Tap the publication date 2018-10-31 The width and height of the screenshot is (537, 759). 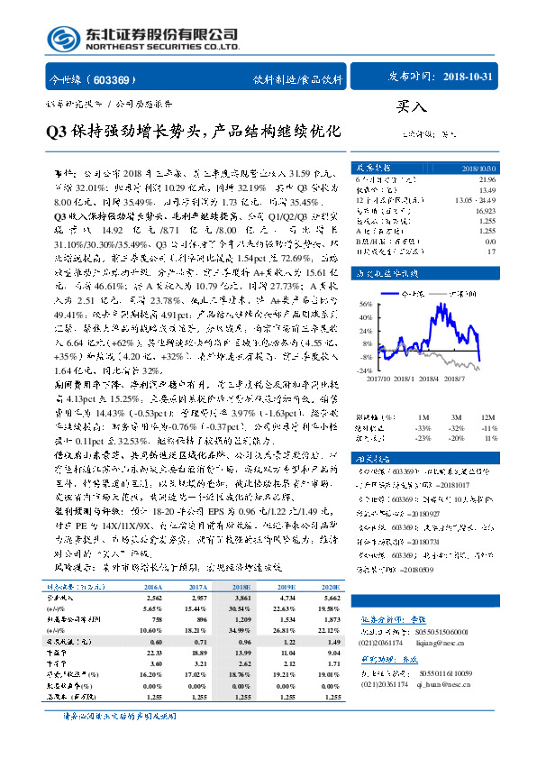(469, 78)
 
